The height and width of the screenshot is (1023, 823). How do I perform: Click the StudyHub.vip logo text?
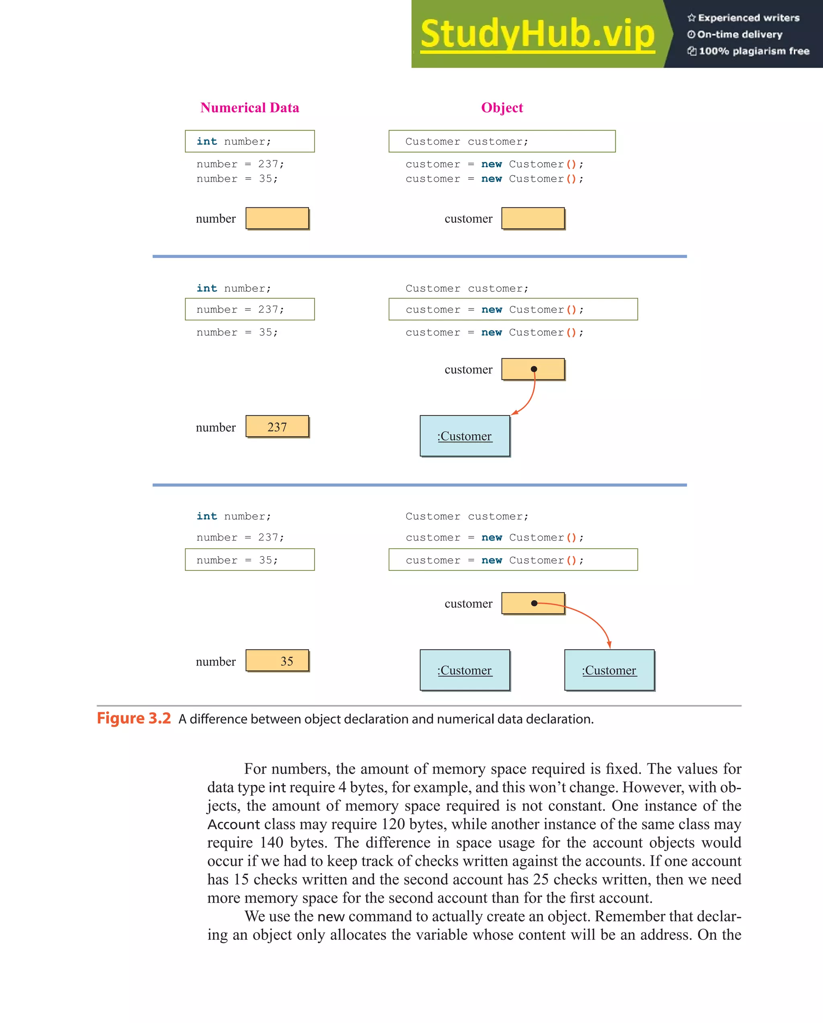pos(537,34)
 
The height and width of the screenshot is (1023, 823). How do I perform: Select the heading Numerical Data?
pos(250,108)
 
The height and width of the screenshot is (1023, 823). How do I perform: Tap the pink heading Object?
pos(502,108)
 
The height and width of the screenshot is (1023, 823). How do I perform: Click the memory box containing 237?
pos(277,426)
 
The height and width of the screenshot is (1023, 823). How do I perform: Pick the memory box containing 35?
pos(277,660)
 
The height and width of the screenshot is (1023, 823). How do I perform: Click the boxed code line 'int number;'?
pos(250,141)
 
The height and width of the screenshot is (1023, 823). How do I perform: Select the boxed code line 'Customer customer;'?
pos(502,141)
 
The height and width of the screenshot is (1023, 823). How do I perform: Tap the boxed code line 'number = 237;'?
pos(250,310)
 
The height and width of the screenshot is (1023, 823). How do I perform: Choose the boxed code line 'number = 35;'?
pos(250,560)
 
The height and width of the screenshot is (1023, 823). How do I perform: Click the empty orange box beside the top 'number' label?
pos(277,218)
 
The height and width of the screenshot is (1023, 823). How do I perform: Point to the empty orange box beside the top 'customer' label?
pos(533,218)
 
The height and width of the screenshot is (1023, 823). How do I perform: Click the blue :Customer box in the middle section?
pos(465,436)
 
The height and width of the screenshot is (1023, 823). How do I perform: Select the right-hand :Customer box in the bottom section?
pos(609,670)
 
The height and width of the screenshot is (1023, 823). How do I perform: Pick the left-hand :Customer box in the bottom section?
pos(465,670)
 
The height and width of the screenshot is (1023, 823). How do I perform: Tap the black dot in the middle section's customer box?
pos(534,369)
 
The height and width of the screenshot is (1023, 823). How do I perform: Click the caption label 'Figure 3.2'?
pos(134,718)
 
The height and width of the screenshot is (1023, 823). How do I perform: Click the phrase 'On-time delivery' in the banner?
pos(739,35)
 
